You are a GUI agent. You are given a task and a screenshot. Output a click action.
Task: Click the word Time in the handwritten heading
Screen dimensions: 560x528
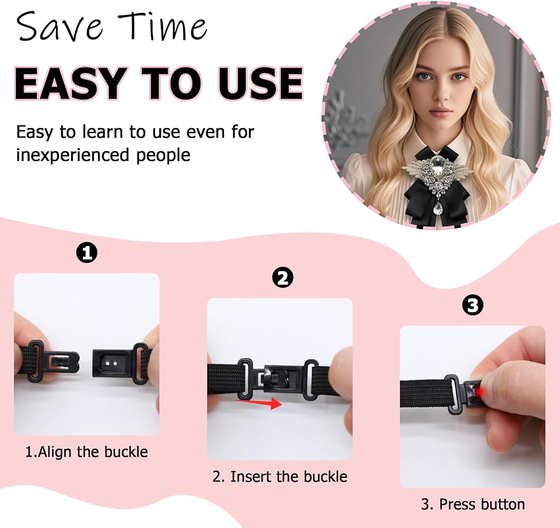click(x=162, y=26)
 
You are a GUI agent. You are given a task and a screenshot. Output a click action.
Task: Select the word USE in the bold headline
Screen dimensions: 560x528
click(x=260, y=83)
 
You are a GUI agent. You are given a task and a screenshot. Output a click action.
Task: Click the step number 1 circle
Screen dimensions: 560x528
click(x=87, y=253)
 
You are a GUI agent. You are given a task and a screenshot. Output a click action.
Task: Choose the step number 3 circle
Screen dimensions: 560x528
click(x=473, y=305)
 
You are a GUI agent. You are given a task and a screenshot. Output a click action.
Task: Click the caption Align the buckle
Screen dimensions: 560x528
click(x=86, y=452)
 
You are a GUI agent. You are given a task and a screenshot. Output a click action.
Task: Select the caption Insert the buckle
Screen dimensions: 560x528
click(x=279, y=477)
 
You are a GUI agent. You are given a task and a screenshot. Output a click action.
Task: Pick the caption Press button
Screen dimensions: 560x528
click(x=473, y=505)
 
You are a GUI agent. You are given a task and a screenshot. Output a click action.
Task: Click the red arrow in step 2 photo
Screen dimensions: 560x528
click(x=258, y=403)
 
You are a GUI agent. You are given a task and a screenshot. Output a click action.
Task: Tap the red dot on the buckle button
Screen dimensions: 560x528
click(x=480, y=392)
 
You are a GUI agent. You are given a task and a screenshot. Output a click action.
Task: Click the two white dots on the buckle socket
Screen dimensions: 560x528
click(x=111, y=363)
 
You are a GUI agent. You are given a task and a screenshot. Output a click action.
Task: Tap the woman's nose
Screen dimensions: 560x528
click(x=441, y=93)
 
